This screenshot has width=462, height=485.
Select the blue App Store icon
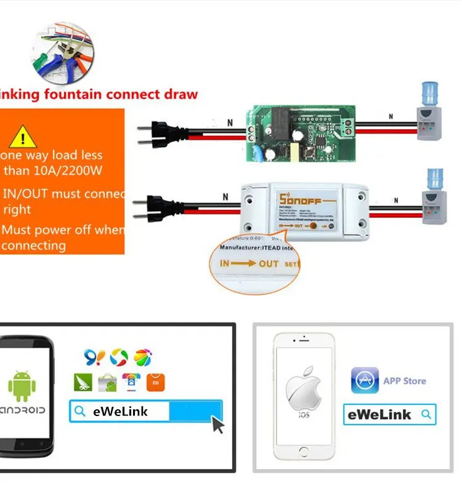point(365,380)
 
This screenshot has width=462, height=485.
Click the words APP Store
point(405,381)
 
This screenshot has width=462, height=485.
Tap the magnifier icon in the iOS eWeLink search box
point(426,414)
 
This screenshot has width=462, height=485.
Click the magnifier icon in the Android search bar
point(79,411)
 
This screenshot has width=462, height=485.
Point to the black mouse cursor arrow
point(217,423)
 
